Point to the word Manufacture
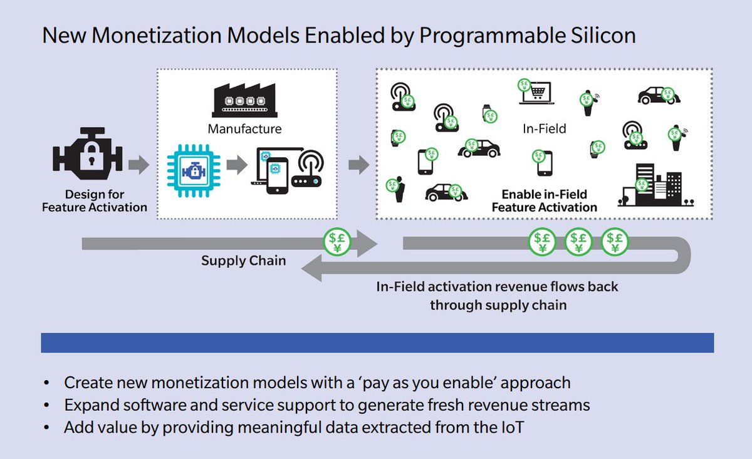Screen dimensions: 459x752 click(x=244, y=130)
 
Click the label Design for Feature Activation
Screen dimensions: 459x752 click(x=95, y=201)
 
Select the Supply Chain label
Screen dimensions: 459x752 click(x=243, y=260)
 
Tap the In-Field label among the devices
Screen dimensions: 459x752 click(x=544, y=129)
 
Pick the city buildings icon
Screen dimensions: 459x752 click(x=655, y=186)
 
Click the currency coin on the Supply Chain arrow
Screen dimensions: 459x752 click(x=337, y=241)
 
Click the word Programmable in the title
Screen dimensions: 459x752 click(x=491, y=36)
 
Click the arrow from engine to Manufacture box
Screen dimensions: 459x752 click(x=138, y=166)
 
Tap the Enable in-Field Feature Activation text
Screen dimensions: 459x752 click(x=544, y=201)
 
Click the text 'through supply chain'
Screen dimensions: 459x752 click(x=498, y=305)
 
